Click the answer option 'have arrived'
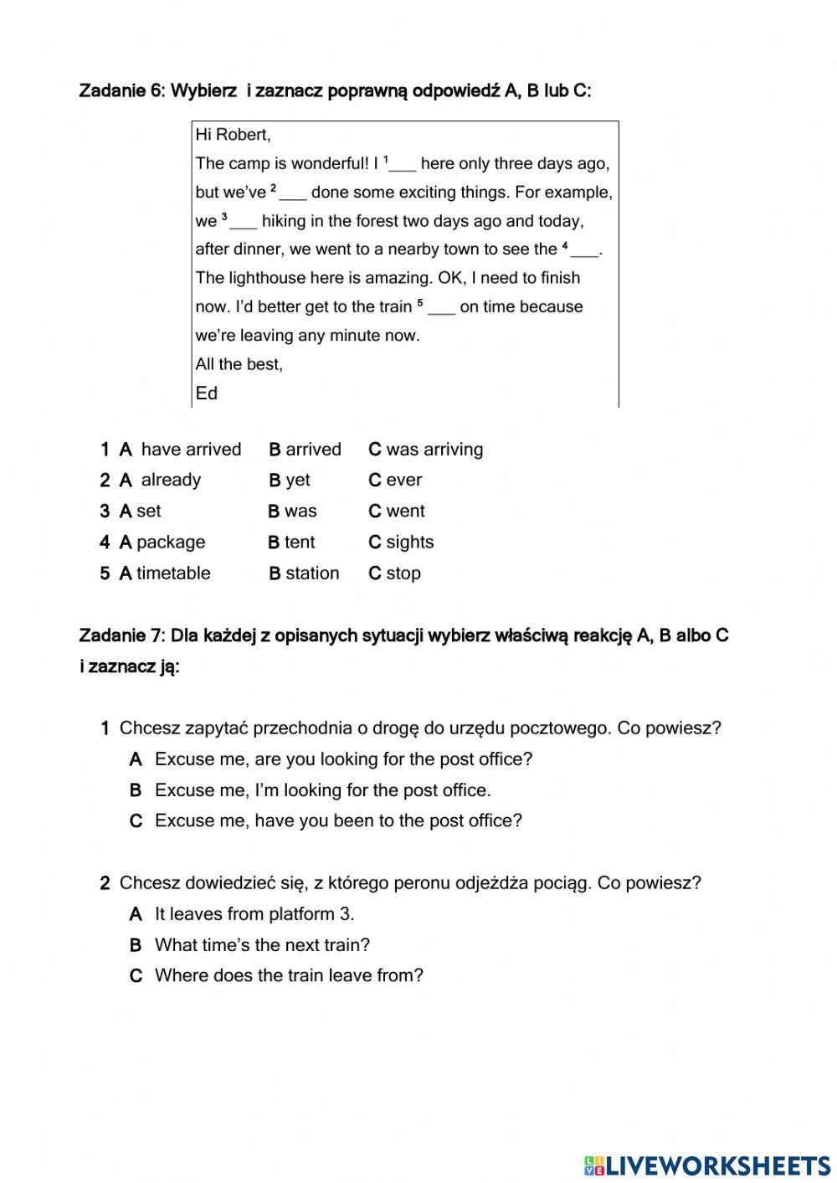coord(190,450)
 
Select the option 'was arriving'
coord(434,450)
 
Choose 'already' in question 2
coord(171,480)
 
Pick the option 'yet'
coord(297,480)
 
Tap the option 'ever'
coord(403,480)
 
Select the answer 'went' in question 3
coord(405,511)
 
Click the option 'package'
coord(170,542)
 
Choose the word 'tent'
coord(299,542)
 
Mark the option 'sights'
coord(409,542)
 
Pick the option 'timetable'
coord(173,573)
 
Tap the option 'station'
coord(311,573)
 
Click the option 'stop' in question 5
coord(403,573)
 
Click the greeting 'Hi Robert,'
coord(233,135)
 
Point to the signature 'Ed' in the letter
coord(206,393)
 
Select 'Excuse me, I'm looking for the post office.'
coord(322,790)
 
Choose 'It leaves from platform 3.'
coord(254,914)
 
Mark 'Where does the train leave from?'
coord(289,975)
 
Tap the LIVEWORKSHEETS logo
coord(707,1165)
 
